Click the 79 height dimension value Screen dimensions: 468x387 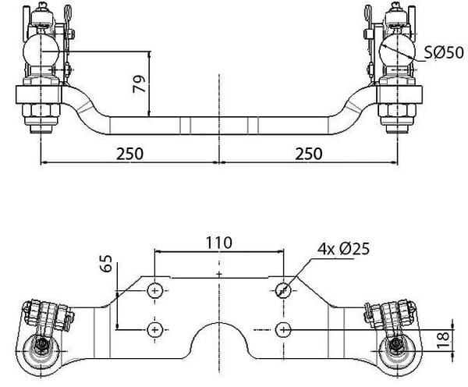(139, 84)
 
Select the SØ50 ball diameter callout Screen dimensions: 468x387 (444, 52)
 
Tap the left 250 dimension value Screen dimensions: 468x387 (129, 154)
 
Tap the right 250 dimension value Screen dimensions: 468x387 (309, 154)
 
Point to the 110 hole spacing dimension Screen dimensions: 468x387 (219, 243)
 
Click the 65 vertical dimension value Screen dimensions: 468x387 (107, 263)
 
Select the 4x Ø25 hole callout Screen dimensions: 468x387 (343, 248)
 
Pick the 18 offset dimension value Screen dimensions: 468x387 (443, 340)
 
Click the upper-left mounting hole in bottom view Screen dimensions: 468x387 (155, 290)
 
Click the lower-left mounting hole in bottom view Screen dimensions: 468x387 (155, 330)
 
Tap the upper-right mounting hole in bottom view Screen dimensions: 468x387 (283, 290)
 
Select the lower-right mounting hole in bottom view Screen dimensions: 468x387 (283, 330)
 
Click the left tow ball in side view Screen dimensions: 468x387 (41, 51)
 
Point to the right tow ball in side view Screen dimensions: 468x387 (397, 51)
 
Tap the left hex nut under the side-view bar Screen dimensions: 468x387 (41, 110)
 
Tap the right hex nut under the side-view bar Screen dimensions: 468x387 (397, 110)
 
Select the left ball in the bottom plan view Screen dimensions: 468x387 (41, 350)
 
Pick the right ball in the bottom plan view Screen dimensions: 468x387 (397, 350)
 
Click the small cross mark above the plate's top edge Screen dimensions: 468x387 (219, 274)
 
